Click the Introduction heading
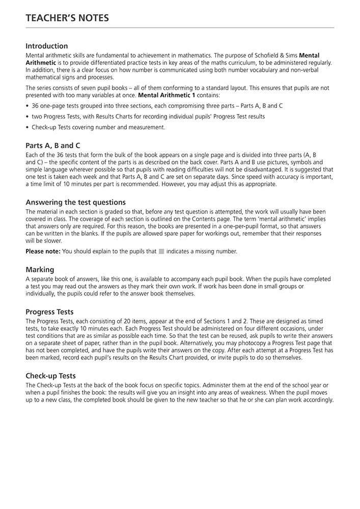coord(46,46)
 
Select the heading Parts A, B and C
coord(53,145)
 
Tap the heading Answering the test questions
coord(75,202)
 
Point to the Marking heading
coord(40,269)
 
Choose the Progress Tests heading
coord(49,312)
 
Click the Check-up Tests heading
coord(50,376)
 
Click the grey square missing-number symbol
coord(161,251)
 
